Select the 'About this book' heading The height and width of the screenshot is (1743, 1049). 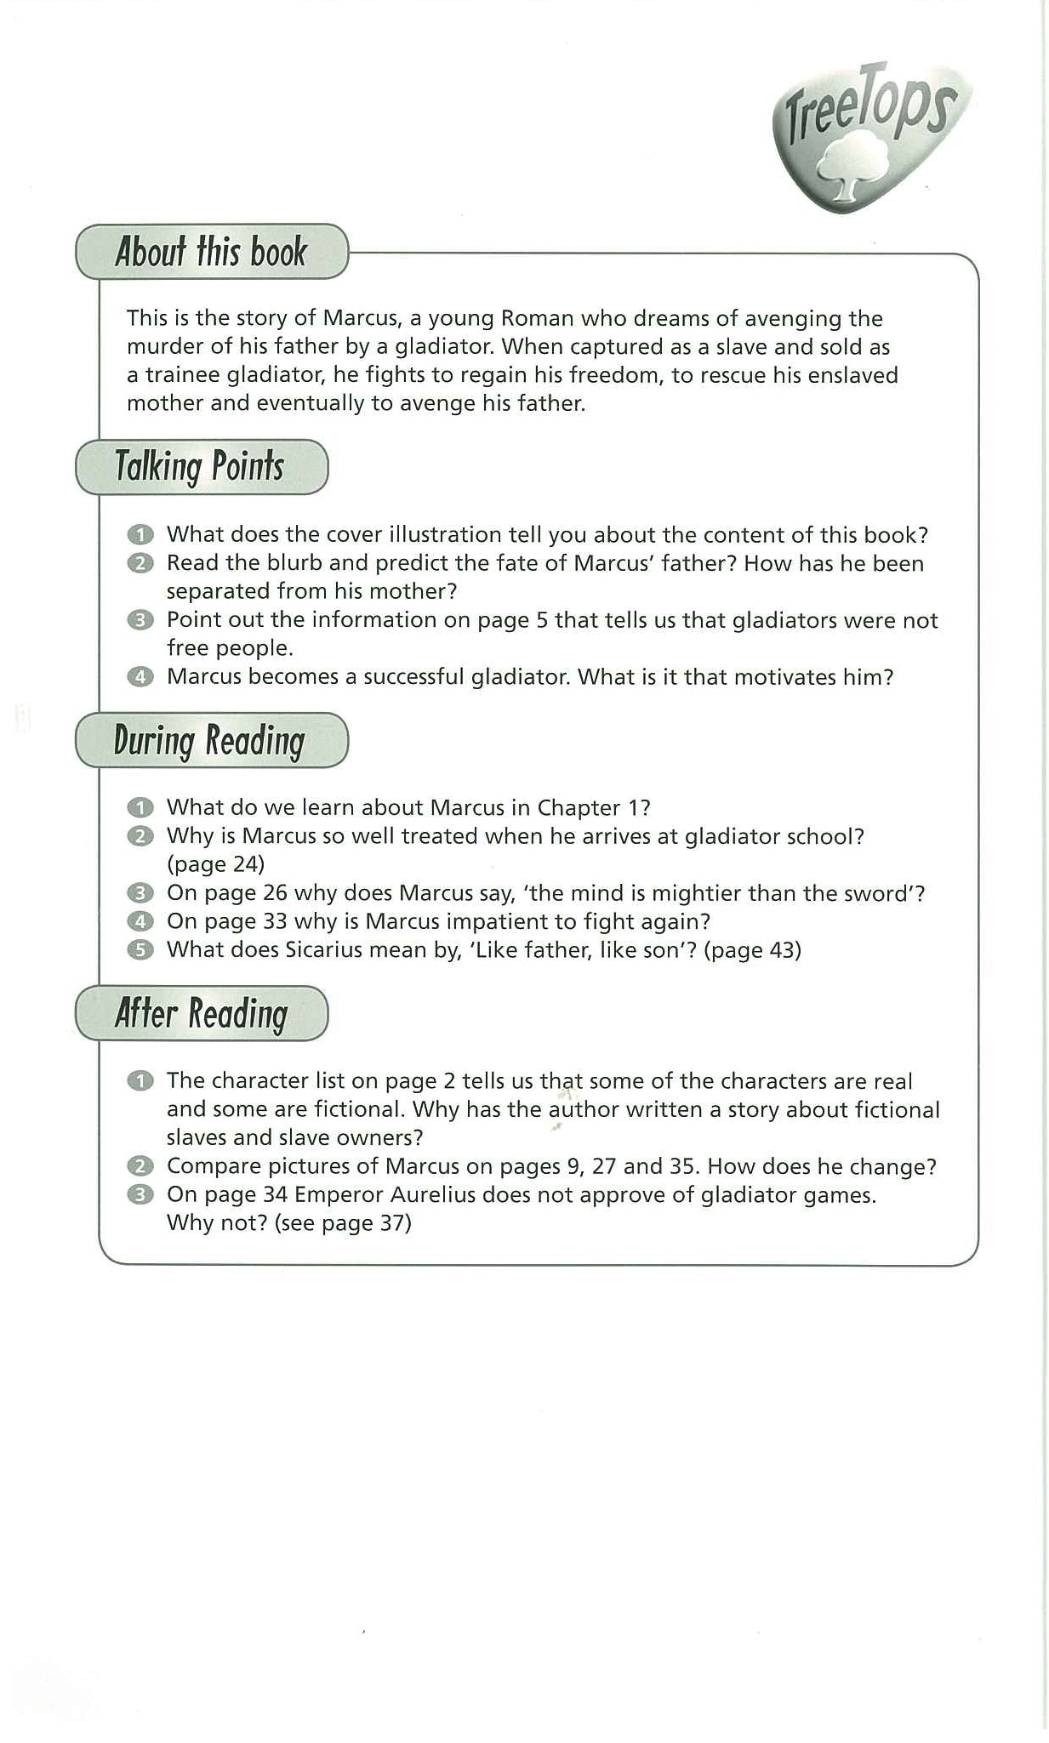click(x=211, y=252)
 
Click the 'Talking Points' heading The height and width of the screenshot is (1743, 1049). click(x=200, y=467)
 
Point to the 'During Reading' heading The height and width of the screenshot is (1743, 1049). click(x=209, y=740)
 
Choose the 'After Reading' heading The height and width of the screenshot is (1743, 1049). click(x=202, y=1013)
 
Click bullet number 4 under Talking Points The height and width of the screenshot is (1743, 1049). click(x=140, y=677)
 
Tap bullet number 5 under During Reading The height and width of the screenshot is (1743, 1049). click(x=140, y=950)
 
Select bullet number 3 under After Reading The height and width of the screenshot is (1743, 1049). click(x=140, y=1195)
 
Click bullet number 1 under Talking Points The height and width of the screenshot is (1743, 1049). click(x=140, y=535)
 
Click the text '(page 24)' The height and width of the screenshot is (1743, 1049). click(x=215, y=864)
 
